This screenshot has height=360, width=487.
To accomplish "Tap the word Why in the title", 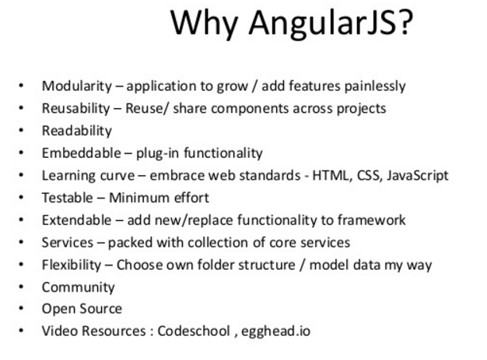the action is [x=205, y=23].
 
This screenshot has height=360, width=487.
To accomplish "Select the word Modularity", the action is [x=77, y=86].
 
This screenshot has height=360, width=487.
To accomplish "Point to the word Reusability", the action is [x=75, y=109].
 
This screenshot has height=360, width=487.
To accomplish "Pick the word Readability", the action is [x=77, y=131].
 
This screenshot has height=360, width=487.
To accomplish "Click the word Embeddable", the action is [x=82, y=153].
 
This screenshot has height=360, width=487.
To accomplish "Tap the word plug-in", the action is [x=157, y=154].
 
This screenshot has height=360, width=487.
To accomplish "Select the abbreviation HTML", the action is [x=331, y=176].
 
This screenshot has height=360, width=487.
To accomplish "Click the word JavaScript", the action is [x=418, y=176].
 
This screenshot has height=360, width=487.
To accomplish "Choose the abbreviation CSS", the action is [x=369, y=176].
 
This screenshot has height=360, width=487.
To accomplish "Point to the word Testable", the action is [x=68, y=197].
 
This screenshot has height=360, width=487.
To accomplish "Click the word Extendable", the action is [x=76, y=220].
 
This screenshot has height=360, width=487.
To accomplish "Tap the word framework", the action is [x=371, y=220].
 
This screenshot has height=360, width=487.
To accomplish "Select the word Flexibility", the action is [x=72, y=265].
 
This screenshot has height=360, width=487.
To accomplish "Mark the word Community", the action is [x=79, y=288].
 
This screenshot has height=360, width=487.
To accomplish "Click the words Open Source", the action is [x=82, y=309].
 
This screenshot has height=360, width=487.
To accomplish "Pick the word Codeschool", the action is [x=194, y=330].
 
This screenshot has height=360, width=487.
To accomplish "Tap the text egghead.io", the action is [x=276, y=331].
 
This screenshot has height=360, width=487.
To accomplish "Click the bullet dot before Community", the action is [x=21, y=287].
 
